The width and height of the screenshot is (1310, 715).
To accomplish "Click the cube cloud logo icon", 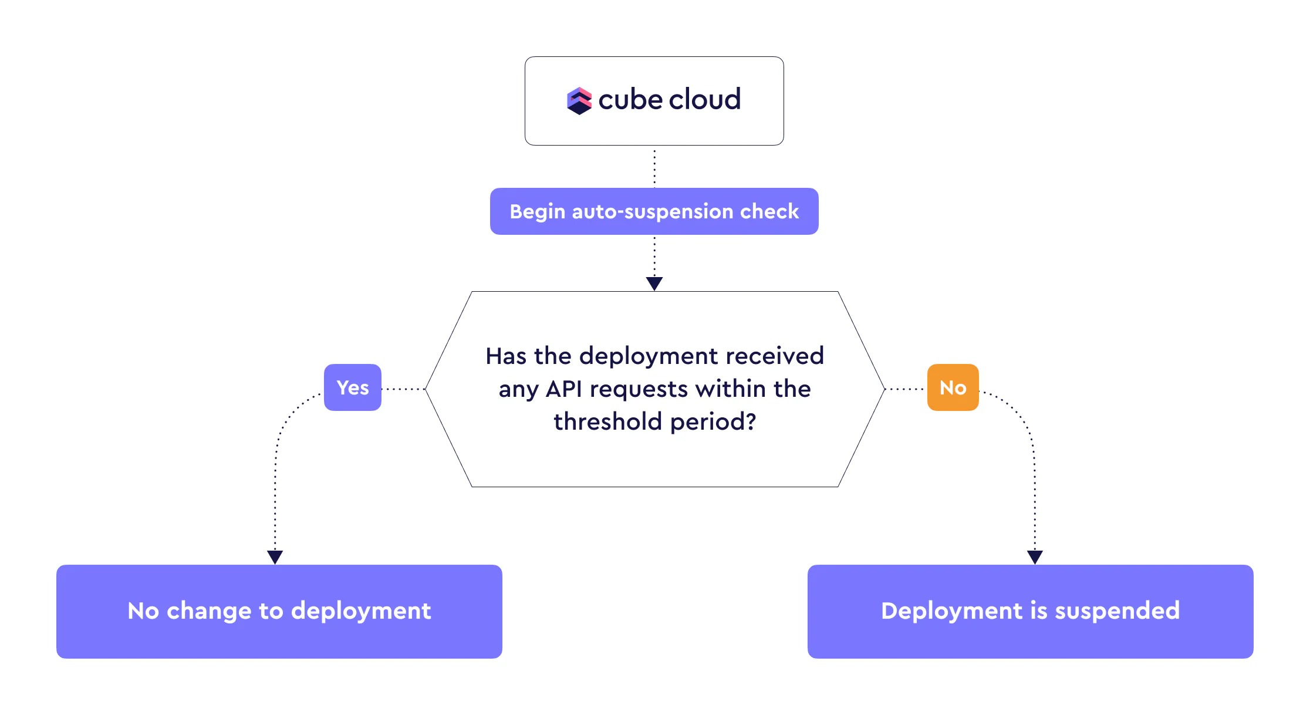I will [x=579, y=101].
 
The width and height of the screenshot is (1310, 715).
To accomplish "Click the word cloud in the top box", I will [x=705, y=99].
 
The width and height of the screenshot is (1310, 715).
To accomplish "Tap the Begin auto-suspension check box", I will [x=654, y=211].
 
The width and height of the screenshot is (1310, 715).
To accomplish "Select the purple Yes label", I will [x=353, y=387].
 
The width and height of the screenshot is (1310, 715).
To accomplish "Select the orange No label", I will [x=953, y=387].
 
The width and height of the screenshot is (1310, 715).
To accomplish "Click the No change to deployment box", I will [x=279, y=611].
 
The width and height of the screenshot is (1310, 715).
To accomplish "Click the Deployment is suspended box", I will [x=1030, y=611].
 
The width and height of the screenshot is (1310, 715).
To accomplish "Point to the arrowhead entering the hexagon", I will [x=654, y=284].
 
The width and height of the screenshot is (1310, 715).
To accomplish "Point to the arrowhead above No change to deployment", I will [x=275, y=557].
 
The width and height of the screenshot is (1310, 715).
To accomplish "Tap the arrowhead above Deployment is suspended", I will [x=1035, y=557].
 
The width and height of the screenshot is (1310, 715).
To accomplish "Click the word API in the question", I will [x=563, y=389].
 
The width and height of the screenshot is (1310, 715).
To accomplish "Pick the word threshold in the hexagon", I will [x=608, y=422].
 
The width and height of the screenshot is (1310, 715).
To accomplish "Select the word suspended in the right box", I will [x=1117, y=611].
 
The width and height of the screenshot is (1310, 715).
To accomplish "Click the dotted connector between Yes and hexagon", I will [x=403, y=389].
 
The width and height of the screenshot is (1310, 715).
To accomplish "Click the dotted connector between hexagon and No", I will [x=906, y=389].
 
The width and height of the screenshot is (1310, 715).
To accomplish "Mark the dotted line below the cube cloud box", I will [x=654, y=167].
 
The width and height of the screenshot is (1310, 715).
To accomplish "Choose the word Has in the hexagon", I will [x=505, y=356].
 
